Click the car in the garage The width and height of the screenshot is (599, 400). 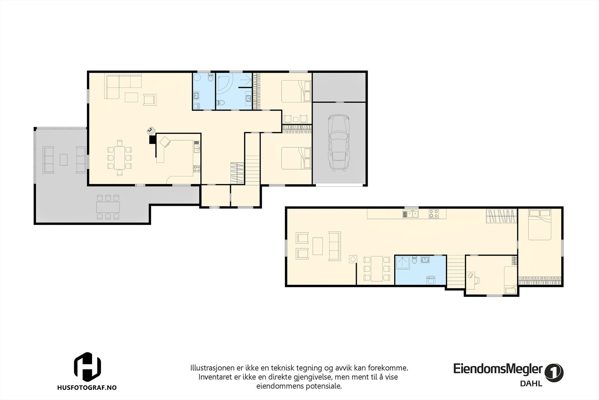(x=339, y=142)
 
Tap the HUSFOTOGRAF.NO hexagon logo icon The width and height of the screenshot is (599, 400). (x=88, y=367)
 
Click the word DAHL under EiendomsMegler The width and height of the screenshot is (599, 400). (x=531, y=384)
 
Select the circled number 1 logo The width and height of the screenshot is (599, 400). (x=554, y=372)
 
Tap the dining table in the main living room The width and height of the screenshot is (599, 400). (x=119, y=158)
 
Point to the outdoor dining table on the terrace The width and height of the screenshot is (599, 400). (x=108, y=207)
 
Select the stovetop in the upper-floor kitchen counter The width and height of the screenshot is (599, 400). (x=434, y=214)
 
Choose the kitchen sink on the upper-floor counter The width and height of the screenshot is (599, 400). (x=411, y=214)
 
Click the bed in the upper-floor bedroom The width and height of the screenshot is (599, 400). (x=539, y=225)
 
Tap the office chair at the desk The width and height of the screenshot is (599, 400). (x=477, y=280)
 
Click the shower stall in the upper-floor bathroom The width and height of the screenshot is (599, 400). (x=403, y=262)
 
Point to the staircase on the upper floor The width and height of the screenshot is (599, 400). (x=456, y=271)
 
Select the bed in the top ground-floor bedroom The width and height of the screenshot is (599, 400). (x=296, y=91)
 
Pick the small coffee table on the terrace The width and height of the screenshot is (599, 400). (x=63, y=159)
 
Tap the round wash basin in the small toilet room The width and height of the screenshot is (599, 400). (x=197, y=78)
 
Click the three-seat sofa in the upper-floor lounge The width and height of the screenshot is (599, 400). (x=335, y=246)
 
